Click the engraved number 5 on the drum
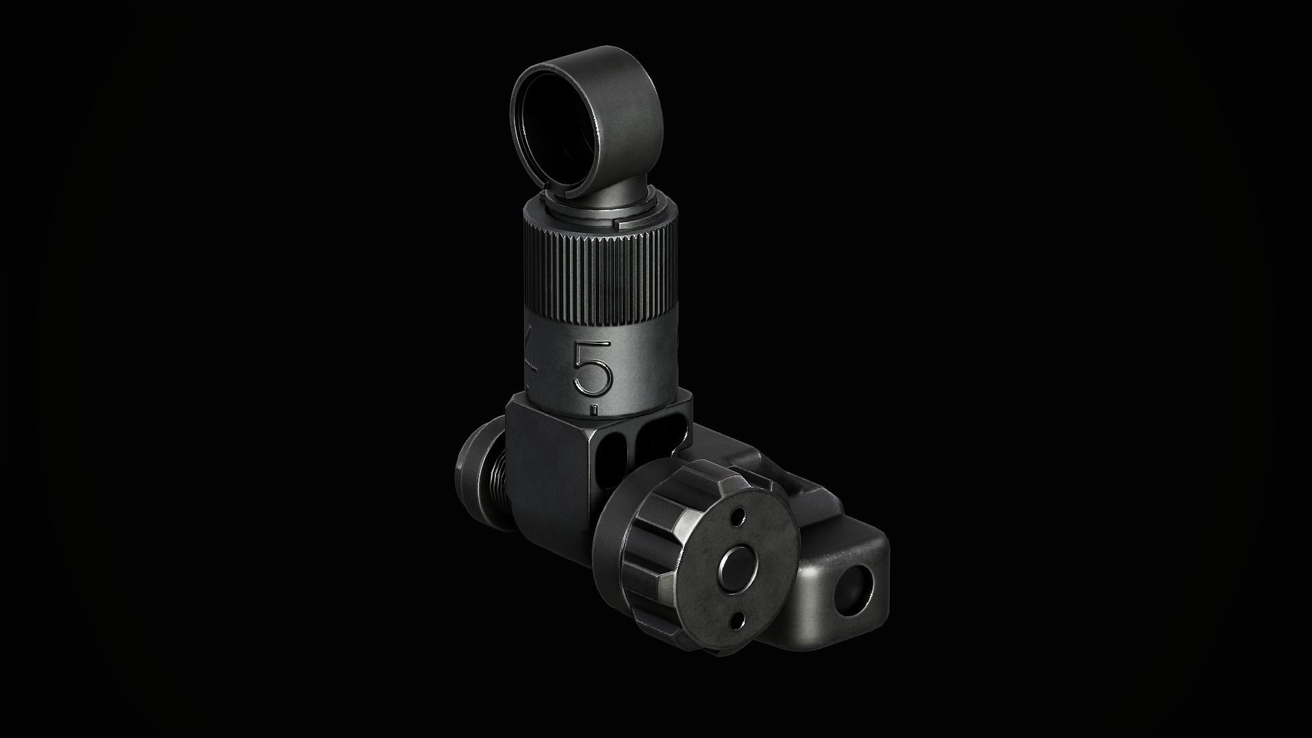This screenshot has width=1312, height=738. point(592,368)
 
